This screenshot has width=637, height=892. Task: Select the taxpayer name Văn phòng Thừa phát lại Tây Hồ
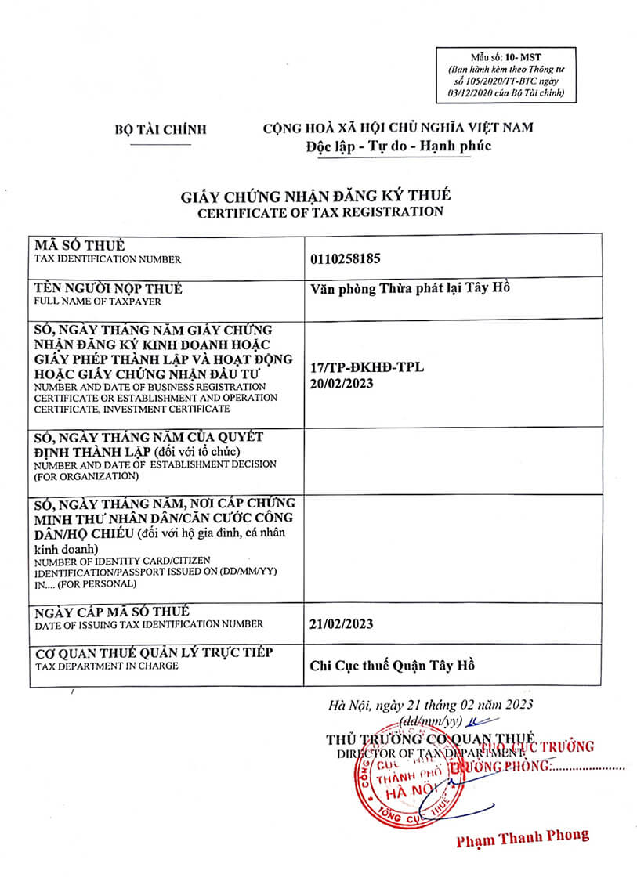coord(410,287)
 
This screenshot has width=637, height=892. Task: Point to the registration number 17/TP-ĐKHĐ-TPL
coord(367,367)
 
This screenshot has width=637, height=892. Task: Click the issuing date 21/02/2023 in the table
coord(342,623)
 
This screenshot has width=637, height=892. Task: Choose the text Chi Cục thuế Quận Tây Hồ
coord(393,666)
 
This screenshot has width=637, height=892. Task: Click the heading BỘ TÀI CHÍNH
coord(160,129)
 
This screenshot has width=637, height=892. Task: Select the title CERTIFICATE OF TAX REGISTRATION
coord(320,211)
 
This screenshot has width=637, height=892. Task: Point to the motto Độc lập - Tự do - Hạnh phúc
coord(399,146)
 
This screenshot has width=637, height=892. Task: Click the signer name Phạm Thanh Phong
coord(523,836)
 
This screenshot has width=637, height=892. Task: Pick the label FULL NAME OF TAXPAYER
coord(97,301)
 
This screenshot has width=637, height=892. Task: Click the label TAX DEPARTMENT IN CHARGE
coord(106,666)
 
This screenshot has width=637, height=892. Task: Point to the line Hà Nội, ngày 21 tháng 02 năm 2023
coord(431,704)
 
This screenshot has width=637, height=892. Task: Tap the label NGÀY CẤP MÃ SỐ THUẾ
coord(110,611)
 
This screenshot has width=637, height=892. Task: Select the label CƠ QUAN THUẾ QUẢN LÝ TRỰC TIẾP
coord(153,653)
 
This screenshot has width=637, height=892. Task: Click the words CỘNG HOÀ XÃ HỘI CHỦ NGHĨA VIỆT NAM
coord(398,128)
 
